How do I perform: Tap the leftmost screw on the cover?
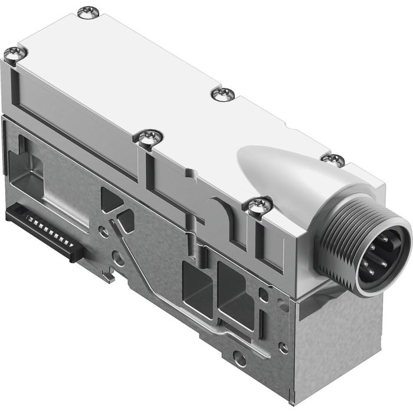[x=14, y=54]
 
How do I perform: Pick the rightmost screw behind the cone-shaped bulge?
[x=333, y=159]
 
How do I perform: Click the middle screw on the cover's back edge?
[x=223, y=94]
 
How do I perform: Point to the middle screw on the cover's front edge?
[x=148, y=137]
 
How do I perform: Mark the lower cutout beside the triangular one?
[x=125, y=220]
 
